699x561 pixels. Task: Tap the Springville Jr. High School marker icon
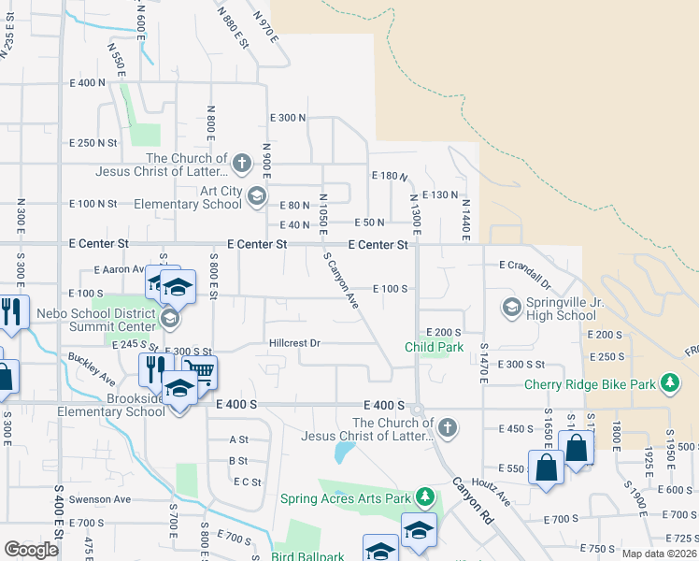pyautogui.click(x=511, y=307)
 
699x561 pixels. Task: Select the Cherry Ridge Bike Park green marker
pyautogui.click(x=669, y=383)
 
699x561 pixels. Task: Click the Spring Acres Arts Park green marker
pyautogui.click(x=425, y=496)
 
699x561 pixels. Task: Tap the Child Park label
pyautogui.click(x=435, y=347)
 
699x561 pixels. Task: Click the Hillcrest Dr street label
pyautogui.click(x=294, y=343)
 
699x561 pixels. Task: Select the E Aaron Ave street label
pyautogui.click(x=105, y=268)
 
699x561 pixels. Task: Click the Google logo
pyautogui.click(x=31, y=550)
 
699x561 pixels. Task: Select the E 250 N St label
pyautogui.click(x=93, y=143)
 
